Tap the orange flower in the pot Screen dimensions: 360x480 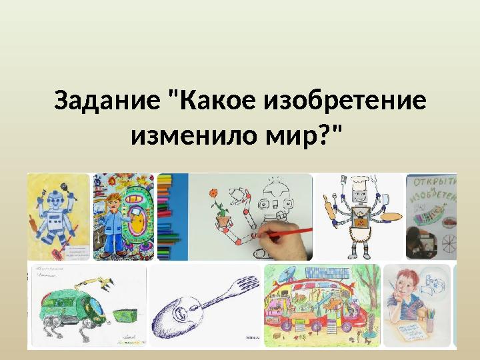point(215,199)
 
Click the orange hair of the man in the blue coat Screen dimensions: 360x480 point(113,199)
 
